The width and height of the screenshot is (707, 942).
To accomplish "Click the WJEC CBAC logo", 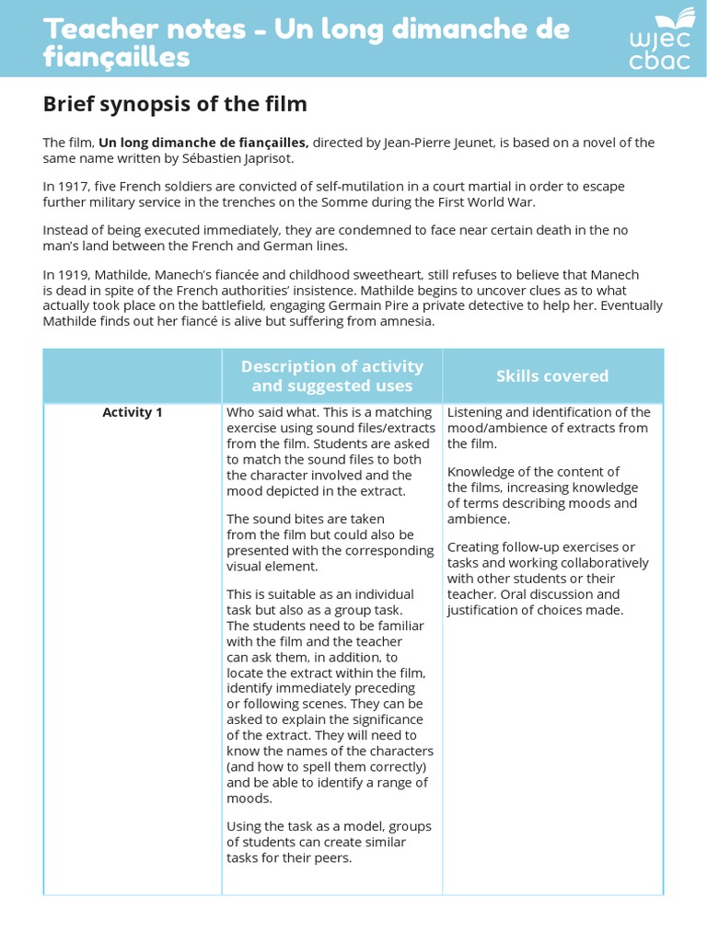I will click(x=660, y=40).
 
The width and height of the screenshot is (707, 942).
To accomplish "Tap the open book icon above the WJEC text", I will click(x=683, y=18).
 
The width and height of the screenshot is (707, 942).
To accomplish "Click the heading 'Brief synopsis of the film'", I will click(x=175, y=104).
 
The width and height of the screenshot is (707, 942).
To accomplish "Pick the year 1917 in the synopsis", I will click(x=72, y=186).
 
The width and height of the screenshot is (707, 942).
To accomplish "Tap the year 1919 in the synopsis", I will click(x=72, y=275).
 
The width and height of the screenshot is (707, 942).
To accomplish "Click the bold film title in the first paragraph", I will click(x=203, y=143).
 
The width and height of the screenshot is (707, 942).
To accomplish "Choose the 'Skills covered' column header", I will click(x=552, y=376).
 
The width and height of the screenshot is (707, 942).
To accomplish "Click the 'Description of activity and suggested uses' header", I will click(x=331, y=376).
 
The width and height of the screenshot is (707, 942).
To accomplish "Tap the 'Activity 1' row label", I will click(x=133, y=412).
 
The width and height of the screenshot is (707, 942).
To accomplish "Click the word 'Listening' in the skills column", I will click(x=477, y=412).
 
